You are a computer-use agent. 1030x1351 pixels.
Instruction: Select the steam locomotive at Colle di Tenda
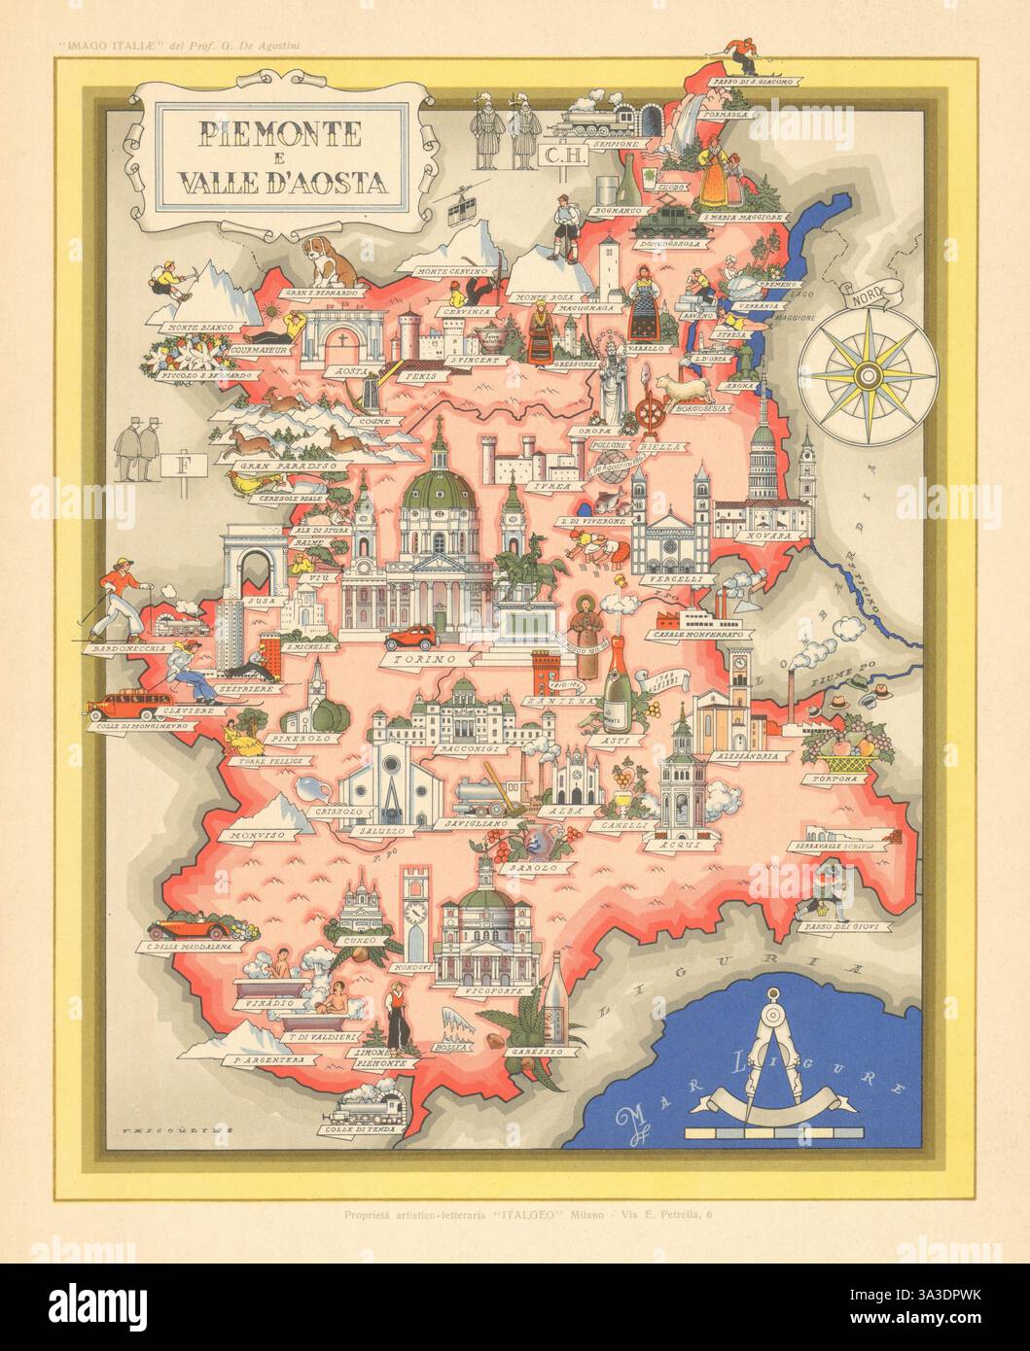tap(369, 1105)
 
